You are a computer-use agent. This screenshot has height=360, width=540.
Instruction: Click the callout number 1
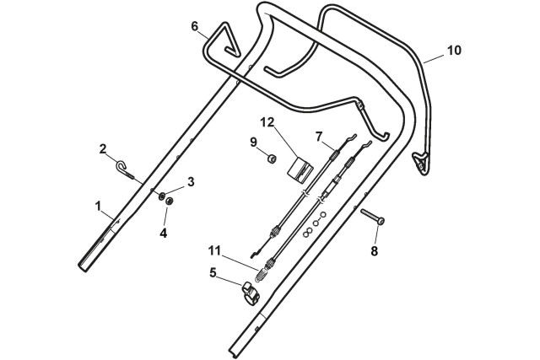(x=98, y=205)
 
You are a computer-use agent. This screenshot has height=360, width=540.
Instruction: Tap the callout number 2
(x=103, y=149)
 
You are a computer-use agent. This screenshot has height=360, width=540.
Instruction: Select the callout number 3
(x=191, y=181)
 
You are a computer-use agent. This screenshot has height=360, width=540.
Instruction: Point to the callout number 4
(x=164, y=233)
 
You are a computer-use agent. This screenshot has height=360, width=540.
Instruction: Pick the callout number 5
(x=213, y=273)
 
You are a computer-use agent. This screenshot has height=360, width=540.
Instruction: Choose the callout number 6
(x=195, y=26)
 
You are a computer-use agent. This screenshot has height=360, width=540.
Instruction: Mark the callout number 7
(x=319, y=136)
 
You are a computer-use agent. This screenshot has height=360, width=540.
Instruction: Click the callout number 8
(x=374, y=250)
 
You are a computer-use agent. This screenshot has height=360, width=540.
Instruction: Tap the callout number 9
(x=252, y=141)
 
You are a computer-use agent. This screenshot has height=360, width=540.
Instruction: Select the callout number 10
(x=454, y=51)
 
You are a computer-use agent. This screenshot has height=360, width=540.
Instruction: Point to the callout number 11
(x=213, y=250)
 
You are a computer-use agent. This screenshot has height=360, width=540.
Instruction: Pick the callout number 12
(x=267, y=123)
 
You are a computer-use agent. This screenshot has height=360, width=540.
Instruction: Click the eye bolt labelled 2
(x=126, y=169)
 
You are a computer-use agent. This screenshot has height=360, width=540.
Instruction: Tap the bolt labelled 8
(x=373, y=218)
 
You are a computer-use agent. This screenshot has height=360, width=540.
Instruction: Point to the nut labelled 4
(x=168, y=201)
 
